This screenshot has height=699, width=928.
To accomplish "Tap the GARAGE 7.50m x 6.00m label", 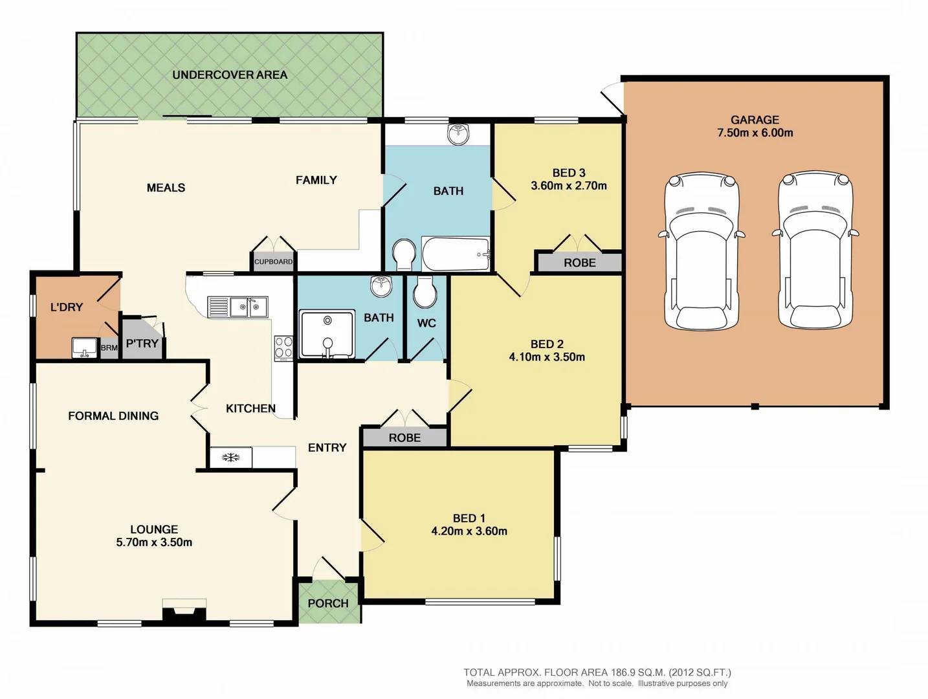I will point(755,126).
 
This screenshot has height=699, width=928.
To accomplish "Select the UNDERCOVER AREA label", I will point(230,75).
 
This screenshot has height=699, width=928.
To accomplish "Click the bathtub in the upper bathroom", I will point(456,254).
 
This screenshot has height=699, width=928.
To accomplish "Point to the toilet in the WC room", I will point(425,293).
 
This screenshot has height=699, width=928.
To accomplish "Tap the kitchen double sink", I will point(238,307).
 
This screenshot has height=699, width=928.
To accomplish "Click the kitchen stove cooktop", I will point(283,348).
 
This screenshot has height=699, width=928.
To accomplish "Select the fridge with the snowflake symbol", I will point(231,457).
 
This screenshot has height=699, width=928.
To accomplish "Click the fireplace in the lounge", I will point(184,611).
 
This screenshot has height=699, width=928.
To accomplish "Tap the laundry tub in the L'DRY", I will point(84,348).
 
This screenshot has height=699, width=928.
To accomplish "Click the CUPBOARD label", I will point(273,261).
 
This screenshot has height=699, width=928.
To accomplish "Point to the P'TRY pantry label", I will point(142,343).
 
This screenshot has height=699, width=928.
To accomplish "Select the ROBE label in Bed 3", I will point(579,263).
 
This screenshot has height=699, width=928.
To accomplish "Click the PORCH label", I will point(328,603).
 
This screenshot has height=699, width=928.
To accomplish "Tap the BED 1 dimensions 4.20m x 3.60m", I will point(469,531).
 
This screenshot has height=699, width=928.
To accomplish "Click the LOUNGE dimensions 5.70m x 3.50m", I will point(154,542).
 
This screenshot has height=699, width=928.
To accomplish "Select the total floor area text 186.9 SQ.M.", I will point(597,672).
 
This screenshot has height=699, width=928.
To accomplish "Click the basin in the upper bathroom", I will point(458,134).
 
